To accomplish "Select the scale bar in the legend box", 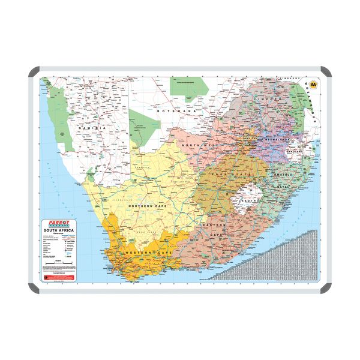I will click(57, 265).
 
